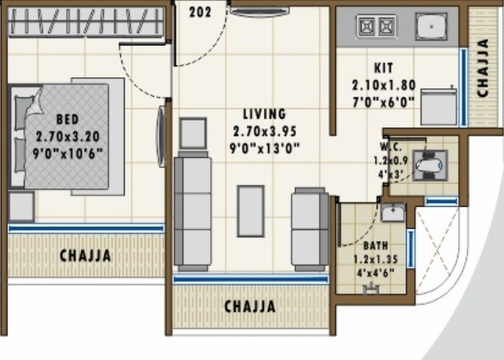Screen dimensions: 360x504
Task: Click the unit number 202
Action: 200,12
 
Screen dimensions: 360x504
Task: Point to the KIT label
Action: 383,68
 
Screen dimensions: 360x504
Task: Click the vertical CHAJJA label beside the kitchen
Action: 483,68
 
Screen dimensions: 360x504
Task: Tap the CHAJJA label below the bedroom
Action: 85,256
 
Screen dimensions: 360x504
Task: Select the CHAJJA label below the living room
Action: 249,306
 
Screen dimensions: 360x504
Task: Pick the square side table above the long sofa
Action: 193,134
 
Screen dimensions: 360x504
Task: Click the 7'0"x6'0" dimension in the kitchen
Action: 383,101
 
